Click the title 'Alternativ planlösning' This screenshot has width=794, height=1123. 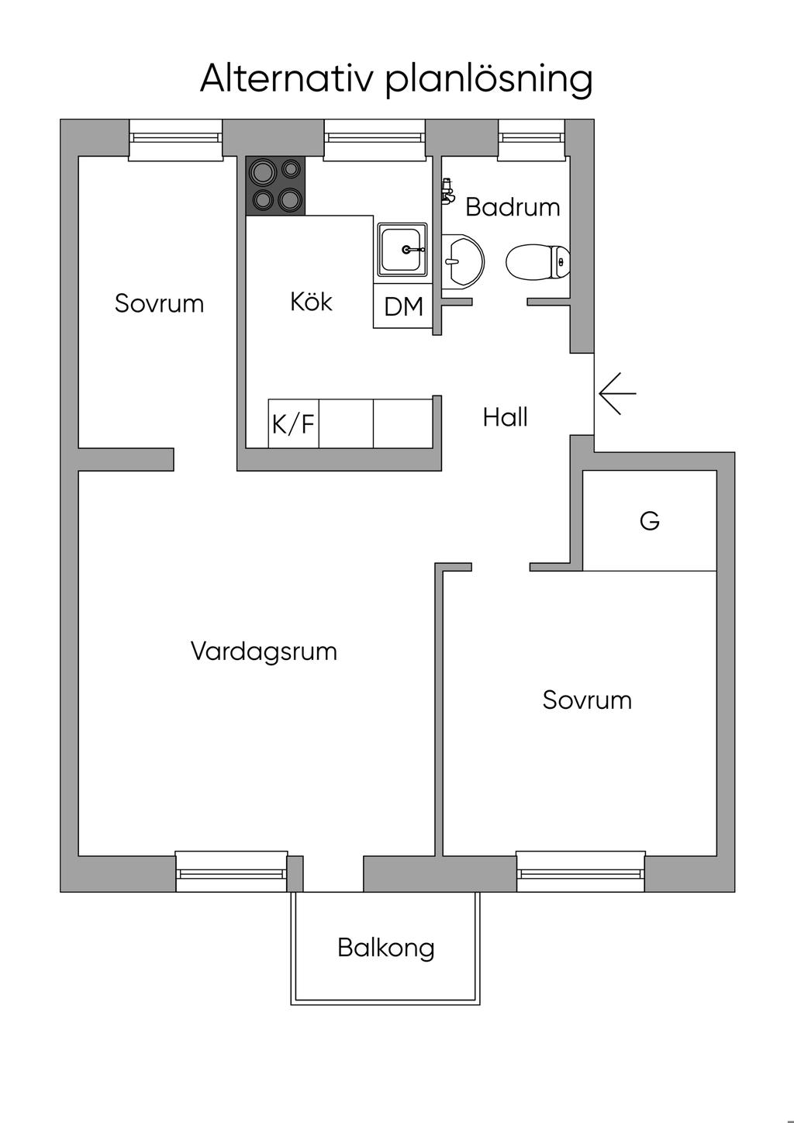[x=396, y=79]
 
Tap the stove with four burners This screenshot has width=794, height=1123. [x=275, y=186]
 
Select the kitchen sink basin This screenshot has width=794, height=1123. [x=402, y=250]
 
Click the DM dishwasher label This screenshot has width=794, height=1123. [x=403, y=306]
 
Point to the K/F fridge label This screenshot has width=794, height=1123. [x=293, y=423]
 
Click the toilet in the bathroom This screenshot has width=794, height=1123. [x=538, y=261]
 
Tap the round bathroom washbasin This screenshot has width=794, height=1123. [x=463, y=261]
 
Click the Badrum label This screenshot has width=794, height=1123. [x=513, y=207]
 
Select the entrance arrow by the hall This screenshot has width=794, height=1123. [x=617, y=393]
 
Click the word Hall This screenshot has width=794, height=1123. [x=506, y=417]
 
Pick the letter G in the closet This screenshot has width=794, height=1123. [x=650, y=521]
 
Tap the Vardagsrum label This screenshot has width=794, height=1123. [x=264, y=652]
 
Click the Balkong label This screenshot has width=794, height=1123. [x=386, y=949]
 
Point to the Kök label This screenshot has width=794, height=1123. [x=311, y=302]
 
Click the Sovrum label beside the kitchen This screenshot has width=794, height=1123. [x=160, y=303]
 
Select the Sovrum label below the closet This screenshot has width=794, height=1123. [x=587, y=700]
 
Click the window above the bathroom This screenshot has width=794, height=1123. [x=532, y=140]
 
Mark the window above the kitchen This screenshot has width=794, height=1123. [x=375, y=140]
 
